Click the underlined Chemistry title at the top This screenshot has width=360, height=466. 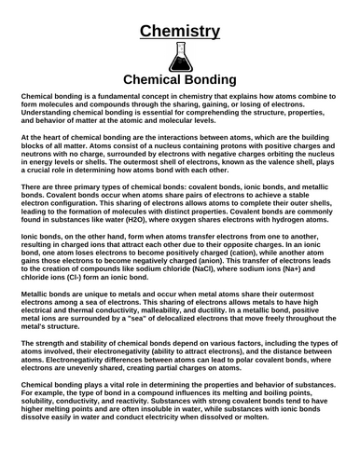click(x=180, y=31)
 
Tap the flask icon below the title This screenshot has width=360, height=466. click(x=180, y=58)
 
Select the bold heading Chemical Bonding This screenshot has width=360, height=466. click(x=180, y=80)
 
